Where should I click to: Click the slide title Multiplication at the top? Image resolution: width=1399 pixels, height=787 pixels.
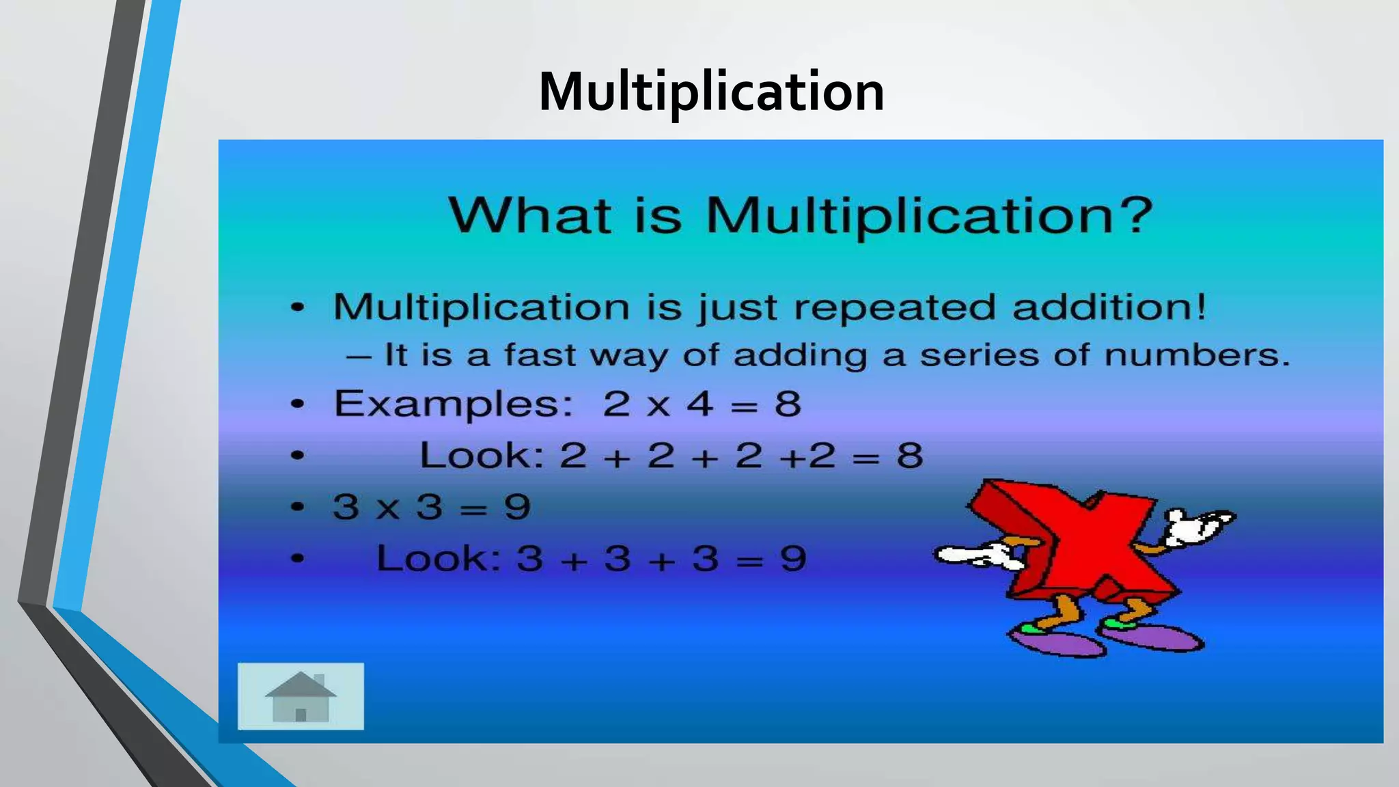710,92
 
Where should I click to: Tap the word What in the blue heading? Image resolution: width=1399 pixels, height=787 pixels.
530,215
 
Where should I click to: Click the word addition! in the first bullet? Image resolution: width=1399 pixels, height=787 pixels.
1109,306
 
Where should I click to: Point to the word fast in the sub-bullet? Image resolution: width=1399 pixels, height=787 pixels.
540,355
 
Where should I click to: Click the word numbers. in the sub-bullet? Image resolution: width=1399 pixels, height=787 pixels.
1197,355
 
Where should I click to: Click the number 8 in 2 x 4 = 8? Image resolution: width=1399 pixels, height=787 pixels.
788,404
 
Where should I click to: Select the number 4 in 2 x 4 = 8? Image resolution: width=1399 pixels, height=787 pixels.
700,404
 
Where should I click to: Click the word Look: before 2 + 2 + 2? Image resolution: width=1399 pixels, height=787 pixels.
482,456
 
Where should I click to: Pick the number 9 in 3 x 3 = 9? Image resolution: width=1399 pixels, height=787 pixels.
517,508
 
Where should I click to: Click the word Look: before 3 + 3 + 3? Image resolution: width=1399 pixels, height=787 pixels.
439,559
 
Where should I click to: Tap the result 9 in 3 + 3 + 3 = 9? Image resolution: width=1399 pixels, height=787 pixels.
793,559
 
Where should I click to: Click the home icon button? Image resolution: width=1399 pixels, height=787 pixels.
301,696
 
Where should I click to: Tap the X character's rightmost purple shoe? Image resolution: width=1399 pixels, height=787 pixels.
1154,637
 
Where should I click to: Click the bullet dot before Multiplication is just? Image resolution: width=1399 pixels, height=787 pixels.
297,307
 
